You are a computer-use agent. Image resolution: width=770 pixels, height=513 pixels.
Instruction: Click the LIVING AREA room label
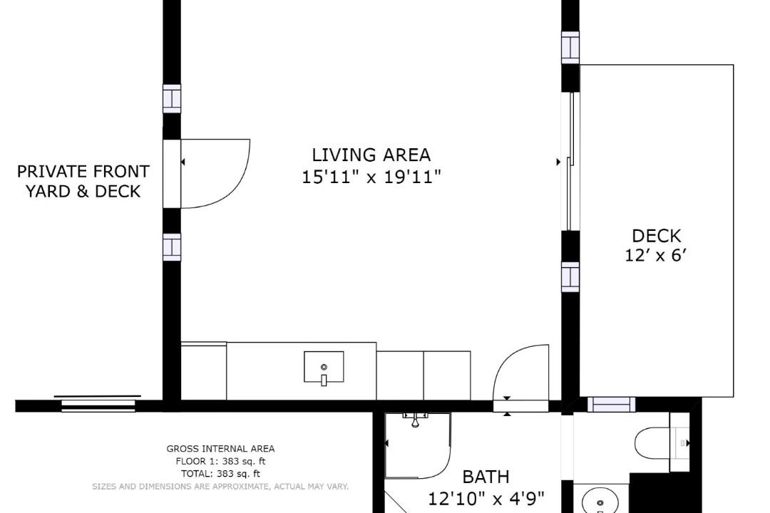(371, 155)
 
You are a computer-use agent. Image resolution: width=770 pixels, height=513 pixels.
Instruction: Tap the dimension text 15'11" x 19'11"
(371, 177)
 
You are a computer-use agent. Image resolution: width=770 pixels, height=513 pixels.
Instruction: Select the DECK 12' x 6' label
(656, 245)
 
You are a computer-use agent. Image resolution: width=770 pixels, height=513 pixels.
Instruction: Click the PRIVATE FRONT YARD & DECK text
(83, 181)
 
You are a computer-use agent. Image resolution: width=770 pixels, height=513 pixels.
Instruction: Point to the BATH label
(486, 477)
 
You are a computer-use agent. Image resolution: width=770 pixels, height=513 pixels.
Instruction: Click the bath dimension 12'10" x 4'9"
(486, 499)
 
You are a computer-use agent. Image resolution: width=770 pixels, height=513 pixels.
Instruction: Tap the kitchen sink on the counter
(324, 367)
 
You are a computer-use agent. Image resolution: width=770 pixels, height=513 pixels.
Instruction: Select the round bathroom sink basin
(600, 503)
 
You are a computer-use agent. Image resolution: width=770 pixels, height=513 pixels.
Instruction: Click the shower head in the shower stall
(416, 420)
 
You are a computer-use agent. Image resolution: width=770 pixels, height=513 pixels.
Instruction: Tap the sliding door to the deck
(570, 161)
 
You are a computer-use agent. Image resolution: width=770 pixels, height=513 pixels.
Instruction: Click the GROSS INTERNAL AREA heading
(220, 449)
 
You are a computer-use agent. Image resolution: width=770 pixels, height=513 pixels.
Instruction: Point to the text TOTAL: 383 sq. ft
(220, 475)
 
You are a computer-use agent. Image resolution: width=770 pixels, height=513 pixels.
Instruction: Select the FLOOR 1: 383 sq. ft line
(220, 462)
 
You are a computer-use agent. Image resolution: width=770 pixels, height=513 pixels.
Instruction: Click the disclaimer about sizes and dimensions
(220, 487)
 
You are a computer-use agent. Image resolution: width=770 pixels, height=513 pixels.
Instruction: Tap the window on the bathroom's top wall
(611, 405)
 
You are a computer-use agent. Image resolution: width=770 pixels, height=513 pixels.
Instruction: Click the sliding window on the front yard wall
(98, 403)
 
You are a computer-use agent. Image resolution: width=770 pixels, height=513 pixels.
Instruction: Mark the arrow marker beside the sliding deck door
(558, 162)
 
